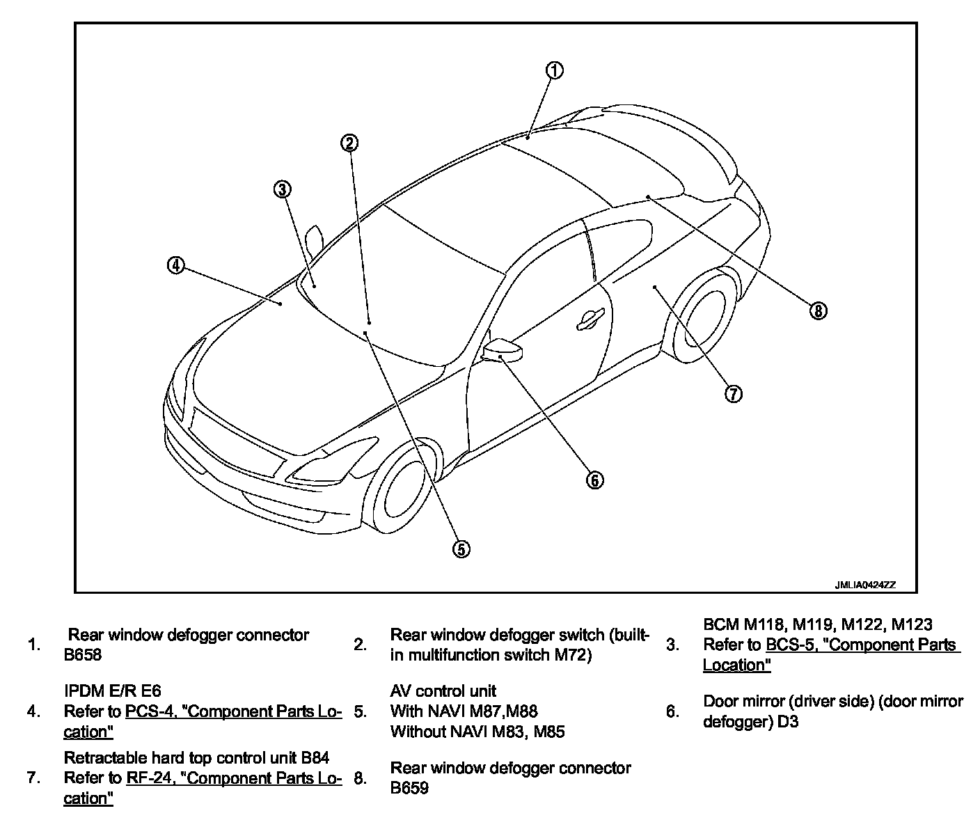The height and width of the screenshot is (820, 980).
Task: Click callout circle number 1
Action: [554, 70]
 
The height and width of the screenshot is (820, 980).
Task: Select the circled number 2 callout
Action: [349, 143]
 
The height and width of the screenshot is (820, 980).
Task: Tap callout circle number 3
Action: [282, 189]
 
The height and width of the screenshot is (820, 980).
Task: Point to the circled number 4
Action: [176, 265]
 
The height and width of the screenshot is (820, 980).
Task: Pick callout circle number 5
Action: [461, 549]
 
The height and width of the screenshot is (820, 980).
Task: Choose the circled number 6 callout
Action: [595, 480]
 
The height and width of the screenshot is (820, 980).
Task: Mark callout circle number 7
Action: [733, 394]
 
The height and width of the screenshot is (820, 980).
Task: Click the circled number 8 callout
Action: [819, 311]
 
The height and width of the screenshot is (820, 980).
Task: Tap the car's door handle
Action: [590, 319]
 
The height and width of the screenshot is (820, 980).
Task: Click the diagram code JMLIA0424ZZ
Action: [865, 585]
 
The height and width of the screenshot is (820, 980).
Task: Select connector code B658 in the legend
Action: [82, 655]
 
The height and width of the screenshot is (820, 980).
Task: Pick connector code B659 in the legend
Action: [409, 788]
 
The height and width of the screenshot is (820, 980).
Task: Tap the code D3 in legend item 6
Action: [788, 722]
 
